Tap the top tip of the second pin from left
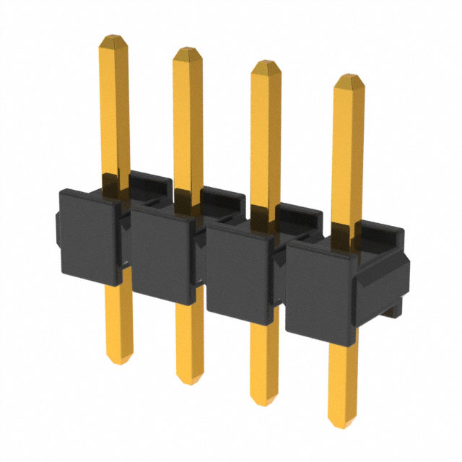click(x=188, y=51)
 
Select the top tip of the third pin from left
click(x=266, y=66)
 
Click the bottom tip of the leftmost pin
click(x=119, y=359)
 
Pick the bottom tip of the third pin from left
click(x=265, y=398)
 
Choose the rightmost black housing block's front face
click(x=318, y=289)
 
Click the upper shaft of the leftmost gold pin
click(x=113, y=108)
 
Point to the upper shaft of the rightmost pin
click(x=348, y=152)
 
